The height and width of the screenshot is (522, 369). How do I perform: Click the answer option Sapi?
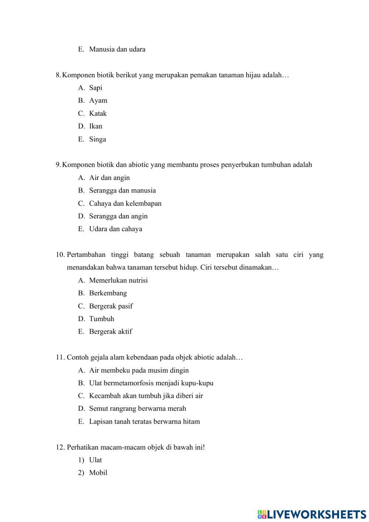tap(96, 88)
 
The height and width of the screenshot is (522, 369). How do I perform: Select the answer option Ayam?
tap(98, 100)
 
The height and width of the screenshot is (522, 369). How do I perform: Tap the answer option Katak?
tap(98, 113)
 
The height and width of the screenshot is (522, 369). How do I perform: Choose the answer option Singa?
tap(97, 139)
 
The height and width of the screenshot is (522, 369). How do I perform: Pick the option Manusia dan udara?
tap(117, 50)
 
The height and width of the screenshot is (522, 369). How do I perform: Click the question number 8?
tap(58, 75)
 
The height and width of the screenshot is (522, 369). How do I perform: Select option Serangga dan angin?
tap(118, 216)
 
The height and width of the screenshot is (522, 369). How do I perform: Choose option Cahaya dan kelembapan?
tap(125, 204)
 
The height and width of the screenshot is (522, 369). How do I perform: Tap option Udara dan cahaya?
tap(115, 229)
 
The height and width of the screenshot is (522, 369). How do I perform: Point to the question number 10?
tap(60, 255)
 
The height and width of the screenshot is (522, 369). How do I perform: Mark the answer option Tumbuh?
tap(101, 319)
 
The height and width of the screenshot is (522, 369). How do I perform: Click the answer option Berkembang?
tap(108, 293)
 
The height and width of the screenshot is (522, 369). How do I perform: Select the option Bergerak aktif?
tap(110, 332)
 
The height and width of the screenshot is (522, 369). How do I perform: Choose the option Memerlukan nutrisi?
tap(118, 280)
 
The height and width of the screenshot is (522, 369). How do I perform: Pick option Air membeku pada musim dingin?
tap(139, 371)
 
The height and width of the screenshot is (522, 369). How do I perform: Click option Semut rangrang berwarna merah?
tap(137, 409)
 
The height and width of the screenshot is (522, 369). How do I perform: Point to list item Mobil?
tap(98, 473)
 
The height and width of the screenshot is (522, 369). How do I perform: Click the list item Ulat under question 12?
tap(95, 460)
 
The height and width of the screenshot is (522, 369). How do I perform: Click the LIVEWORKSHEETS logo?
tap(312, 514)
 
